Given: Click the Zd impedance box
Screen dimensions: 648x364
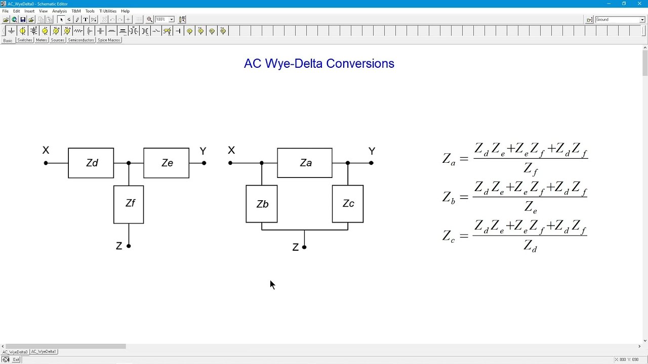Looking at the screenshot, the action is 91,163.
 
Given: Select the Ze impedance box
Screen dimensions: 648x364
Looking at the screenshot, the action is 167,163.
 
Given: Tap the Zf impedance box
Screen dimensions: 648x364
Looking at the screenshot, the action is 129,205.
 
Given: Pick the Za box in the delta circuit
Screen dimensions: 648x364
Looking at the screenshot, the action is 305,163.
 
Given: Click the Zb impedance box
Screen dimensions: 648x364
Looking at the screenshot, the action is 262,204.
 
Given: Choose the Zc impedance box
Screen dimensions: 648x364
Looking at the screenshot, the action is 348,204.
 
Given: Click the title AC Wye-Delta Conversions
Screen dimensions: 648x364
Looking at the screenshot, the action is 319,64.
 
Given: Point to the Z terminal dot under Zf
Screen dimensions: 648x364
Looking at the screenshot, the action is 129,246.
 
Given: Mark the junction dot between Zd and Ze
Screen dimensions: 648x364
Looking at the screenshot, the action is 129,163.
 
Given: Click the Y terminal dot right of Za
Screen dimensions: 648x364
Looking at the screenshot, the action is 372,163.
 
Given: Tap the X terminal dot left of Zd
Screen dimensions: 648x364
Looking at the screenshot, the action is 46,163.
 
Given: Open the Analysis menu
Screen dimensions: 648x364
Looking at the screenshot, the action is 59,11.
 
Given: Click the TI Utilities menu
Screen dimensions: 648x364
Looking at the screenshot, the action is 108,11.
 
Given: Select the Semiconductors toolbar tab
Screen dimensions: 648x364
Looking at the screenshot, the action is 81,40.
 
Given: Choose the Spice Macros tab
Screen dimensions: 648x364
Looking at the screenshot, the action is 109,40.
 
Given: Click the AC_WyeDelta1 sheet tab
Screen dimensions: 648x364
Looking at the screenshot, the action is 44,351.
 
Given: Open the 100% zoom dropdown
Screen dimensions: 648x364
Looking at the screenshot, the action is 172,19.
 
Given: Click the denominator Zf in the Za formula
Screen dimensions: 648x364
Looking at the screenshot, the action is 531,169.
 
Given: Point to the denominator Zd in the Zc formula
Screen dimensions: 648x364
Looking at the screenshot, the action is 530,246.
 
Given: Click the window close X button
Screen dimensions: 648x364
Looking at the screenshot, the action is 639,4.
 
